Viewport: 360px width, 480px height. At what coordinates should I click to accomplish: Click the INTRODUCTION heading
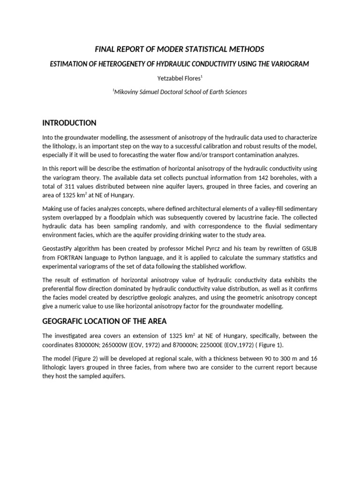[x=69, y=123]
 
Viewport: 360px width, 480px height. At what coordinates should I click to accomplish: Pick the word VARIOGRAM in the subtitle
[x=291, y=64]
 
